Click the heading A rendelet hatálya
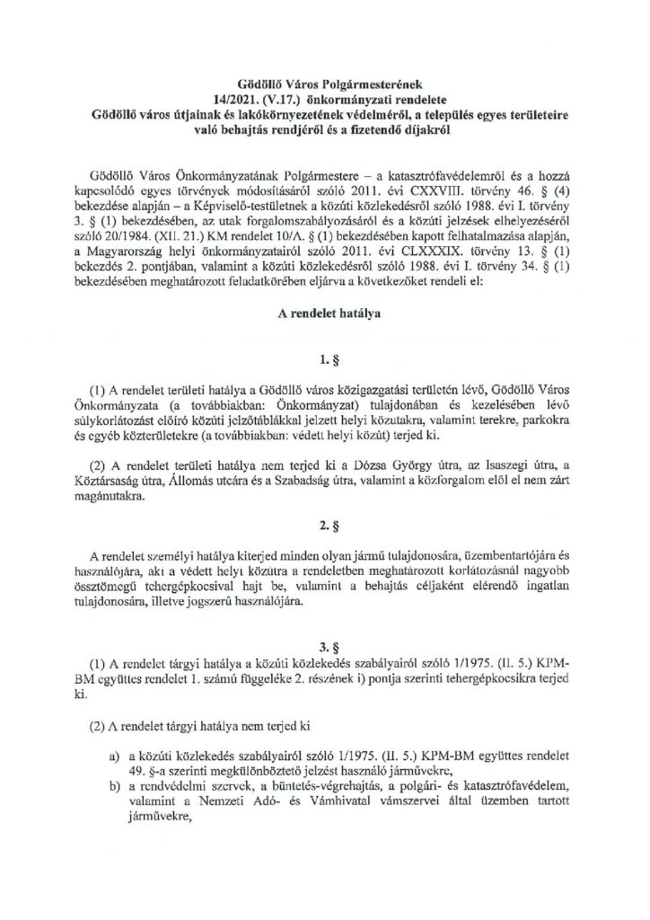[x=324, y=316]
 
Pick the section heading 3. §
[x=324, y=644]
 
